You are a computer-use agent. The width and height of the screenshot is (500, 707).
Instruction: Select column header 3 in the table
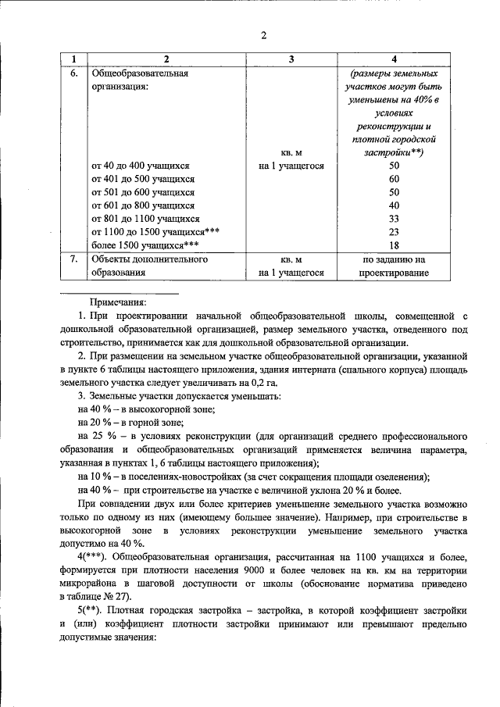(x=291, y=59)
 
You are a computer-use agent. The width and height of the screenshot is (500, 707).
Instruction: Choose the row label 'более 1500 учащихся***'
(x=140, y=245)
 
